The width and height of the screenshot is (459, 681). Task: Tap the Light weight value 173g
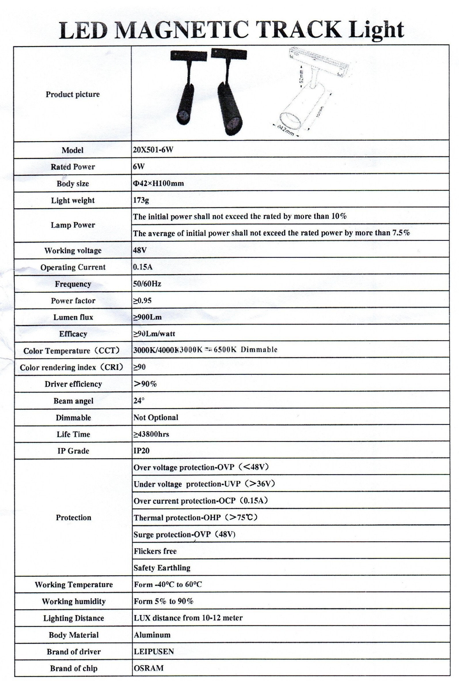pyautogui.click(x=141, y=200)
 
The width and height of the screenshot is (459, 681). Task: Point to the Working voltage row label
pyautogui.click(x=73, y=251)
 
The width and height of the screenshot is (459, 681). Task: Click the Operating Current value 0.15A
pyautogui.click(x=143, y=267)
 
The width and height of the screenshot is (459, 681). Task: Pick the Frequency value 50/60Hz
pyautogui.click(x=147, y=284)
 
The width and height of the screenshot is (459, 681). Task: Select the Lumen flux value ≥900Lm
pyautogui.click(x=148, y=317)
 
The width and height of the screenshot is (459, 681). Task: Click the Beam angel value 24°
pyautogui.click(x=139, y=401)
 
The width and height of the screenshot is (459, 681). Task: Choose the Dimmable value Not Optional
pyautogui.click(x=156, y=418)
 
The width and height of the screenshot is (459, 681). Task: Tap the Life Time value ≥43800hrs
pyautogui.click(x=151, y=434)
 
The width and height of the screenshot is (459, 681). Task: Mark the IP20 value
pyautogui.click(x=141, y=451)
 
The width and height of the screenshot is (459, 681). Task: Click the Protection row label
pyautogui.click(x=73, y=518)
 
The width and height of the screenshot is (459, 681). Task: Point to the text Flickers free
pyautogui.click(x=155, y=551)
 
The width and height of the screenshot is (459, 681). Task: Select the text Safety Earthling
pyautogui.click(x=162, y=568)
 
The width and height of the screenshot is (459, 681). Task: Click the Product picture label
pyautogui.click(x=73, y=94)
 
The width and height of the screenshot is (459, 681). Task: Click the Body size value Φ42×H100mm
pyautogui.click(x=158, y=184)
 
